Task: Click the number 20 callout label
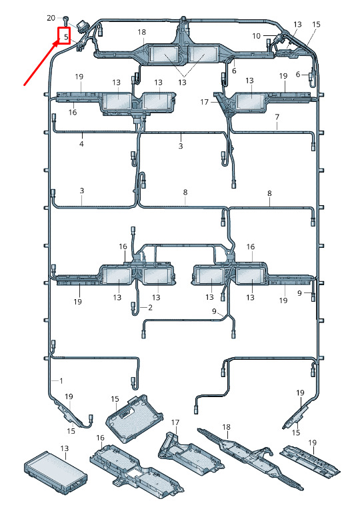[x=51, y=18]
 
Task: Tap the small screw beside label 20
[x=66, y=20]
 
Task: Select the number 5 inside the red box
[x=66, y=37]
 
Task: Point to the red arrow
[x=41, y=63]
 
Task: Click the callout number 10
[x=256, y=36]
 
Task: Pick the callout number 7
[x=277, y=117]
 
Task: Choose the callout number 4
[x=81, y=144]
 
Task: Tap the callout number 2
[x=150, y=307]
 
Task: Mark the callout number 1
[x=61, y=380]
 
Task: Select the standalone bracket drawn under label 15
[x=135, y=418]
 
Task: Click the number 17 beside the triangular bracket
[x=204, y=102]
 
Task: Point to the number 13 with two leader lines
[x=183, y=83]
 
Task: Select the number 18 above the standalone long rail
[x=226, y=427]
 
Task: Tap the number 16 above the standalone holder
[x=100, y=438]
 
